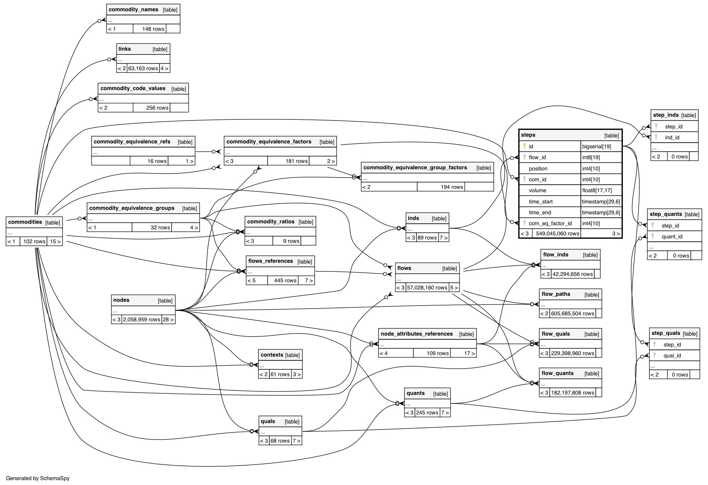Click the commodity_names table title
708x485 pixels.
pos(134,10)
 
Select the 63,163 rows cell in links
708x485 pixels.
pos(143,68)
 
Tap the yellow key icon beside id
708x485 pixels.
pos(525,146)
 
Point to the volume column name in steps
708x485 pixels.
pos(537,190)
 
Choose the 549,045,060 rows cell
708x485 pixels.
pos(558,233)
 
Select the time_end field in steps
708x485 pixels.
pos(540,212)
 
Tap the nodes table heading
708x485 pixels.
pos(121,300)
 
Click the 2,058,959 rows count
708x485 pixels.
pos(141,319)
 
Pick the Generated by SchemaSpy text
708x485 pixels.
pos(38,478)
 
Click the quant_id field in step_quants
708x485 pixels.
pos(672,236)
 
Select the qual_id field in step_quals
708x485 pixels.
pos(672,355)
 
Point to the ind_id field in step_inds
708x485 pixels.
pos(672,137)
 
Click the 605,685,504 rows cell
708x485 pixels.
pos(573,313)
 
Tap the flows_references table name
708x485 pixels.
pos(271,261)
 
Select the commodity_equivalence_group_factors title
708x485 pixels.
pos(415,168)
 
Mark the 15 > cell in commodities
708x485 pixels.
pos(55,241)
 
